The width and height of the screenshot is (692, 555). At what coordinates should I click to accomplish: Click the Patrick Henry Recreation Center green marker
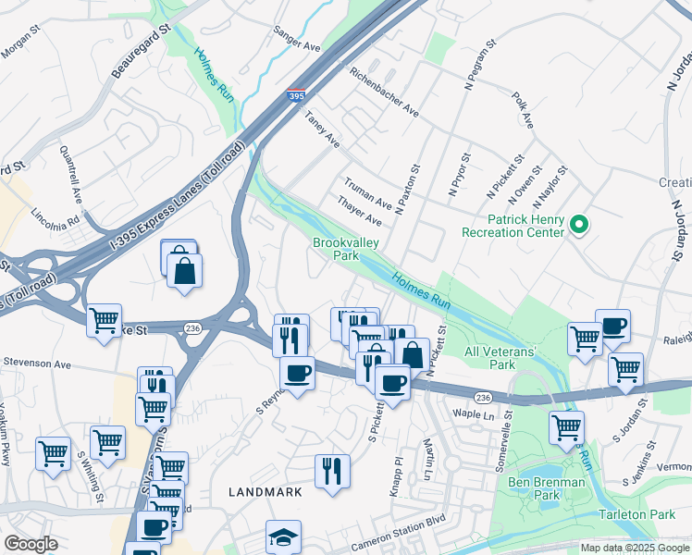[x=579, y=224]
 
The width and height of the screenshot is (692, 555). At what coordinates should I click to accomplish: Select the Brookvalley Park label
[x=334, y=248]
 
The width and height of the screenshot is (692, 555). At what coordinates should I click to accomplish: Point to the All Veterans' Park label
[x=501, y=358]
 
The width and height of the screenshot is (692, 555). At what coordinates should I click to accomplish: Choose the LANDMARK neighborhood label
[x=265, y=492]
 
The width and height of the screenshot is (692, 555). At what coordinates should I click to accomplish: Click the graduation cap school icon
[x=283, y=537]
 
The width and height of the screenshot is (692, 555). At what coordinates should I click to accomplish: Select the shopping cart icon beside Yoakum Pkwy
[x=54, y=453]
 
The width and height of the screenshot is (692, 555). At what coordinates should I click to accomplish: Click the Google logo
[x=31, y=543]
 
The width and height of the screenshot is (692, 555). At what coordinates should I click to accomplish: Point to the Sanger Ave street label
[x=297, y=39]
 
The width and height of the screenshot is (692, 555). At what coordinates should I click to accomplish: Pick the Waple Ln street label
[x=474, y=414]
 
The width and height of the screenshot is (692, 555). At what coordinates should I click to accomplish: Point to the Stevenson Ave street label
[x=36, y=364]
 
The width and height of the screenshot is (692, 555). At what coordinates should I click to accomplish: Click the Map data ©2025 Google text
[x=634, y=548]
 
